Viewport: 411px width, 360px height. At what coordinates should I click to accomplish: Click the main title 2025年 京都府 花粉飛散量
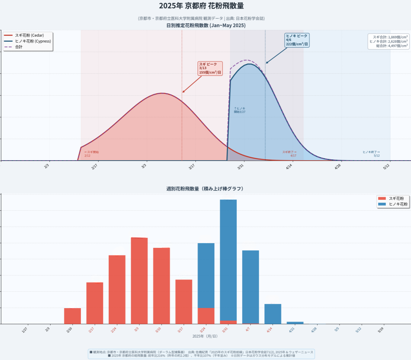(x=201, y=6)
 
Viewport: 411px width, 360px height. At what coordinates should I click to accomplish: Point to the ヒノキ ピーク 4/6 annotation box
(x=296, y=40)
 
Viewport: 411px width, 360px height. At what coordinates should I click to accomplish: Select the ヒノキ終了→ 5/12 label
(x=371, y=154)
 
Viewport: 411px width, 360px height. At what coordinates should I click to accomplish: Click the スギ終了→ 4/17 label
(x=289, y=154)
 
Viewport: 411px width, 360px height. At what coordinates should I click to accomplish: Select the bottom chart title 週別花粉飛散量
(x=205, y=188)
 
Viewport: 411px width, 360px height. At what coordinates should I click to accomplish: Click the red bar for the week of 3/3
(x=139, y=280)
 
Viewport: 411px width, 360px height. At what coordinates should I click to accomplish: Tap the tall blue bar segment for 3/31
(x=228, y=259)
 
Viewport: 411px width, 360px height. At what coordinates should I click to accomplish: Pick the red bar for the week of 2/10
(x=72, y=316)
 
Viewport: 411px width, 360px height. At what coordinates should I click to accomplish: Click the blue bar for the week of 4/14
(x=273, y=314)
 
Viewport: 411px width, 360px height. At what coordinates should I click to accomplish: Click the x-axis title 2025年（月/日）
(x=205, y=336)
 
